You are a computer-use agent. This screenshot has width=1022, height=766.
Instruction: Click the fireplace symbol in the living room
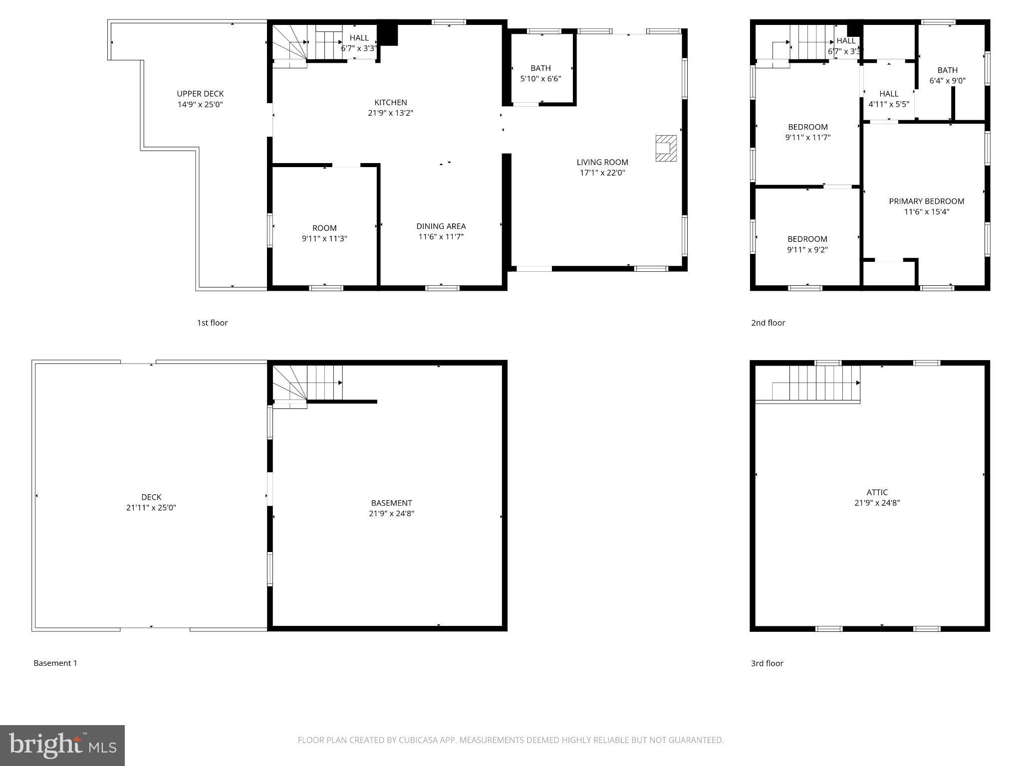click(x=666, y=148)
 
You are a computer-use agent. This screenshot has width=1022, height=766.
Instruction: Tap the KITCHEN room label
click(x=390, y=103)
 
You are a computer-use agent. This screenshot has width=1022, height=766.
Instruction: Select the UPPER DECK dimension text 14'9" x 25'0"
click(x=200, y=105)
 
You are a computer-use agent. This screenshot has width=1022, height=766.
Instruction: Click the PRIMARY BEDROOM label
click(x=926, y=201)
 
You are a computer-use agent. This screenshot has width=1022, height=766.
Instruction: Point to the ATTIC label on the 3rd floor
click(x=877, y=492)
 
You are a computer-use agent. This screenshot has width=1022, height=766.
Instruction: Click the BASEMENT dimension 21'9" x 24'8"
click(x=391, y=514)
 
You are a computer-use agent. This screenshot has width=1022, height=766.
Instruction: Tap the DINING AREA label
click(x=441, y=226)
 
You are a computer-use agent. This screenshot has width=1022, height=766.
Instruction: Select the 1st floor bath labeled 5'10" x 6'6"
click(x=540, y=73)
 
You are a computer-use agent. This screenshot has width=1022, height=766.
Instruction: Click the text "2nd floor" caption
click(x=768, y=323)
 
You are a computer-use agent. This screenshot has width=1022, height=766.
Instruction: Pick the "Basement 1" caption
click(x=55, y=663)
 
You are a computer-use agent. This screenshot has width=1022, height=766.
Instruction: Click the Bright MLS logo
click(x=62, y=745)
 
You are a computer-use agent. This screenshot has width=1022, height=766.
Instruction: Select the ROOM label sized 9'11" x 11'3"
click(x=324, y=228)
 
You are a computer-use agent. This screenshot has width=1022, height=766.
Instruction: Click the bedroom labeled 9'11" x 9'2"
click(x=807, y=244)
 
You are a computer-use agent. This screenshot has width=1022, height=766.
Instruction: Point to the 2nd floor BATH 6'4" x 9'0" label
click(x=947, y=75)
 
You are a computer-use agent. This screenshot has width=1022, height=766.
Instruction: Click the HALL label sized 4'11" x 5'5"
click(x=889, y=99)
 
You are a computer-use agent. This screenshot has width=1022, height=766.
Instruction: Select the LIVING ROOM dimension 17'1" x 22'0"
click(x=602, y=173)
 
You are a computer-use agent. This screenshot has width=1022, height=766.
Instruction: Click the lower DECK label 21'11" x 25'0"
click(x=151, y=502)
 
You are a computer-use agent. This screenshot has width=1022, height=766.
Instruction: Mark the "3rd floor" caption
click(x=767, y=663)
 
